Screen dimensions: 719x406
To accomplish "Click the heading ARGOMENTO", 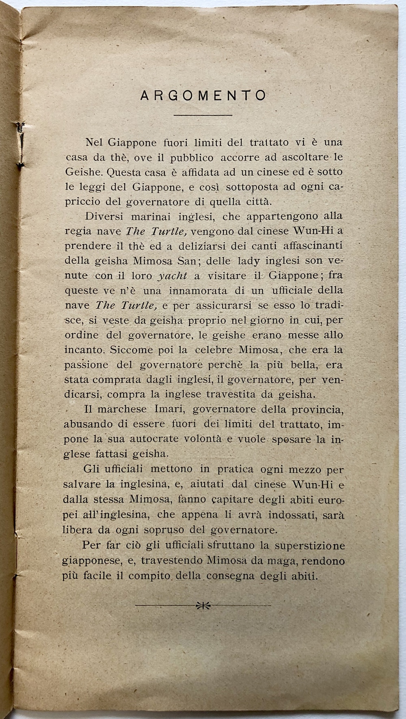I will [x=203, y=96].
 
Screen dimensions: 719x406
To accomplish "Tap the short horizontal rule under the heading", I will [x=203, y=115].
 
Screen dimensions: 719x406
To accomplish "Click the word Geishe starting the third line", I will [x=82, y=172].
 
